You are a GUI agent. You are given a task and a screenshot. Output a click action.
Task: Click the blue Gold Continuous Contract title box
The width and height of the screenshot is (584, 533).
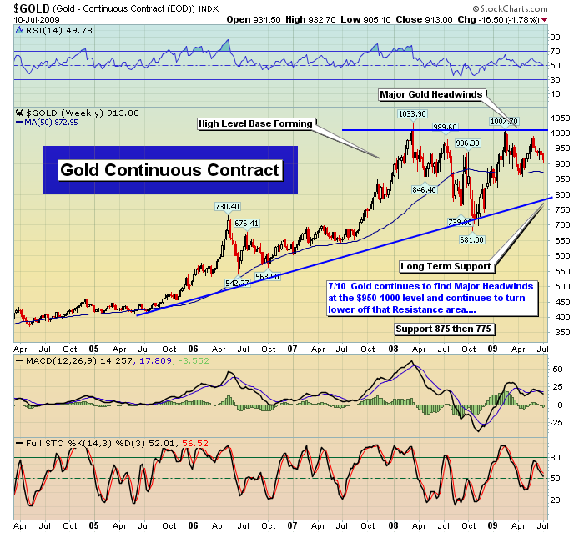click(170, 170)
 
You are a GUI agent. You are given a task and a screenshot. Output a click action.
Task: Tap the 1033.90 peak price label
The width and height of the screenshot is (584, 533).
click(411, 114)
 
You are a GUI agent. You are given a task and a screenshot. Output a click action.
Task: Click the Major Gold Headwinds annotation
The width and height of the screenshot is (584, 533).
click(430, 94)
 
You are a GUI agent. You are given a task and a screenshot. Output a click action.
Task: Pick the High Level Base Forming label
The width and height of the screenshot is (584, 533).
click(254, 124)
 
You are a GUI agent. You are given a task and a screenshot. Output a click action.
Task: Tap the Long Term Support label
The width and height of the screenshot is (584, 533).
click(445, 267)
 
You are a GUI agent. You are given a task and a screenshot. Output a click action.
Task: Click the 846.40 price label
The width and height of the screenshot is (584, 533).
click(425, 189)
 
